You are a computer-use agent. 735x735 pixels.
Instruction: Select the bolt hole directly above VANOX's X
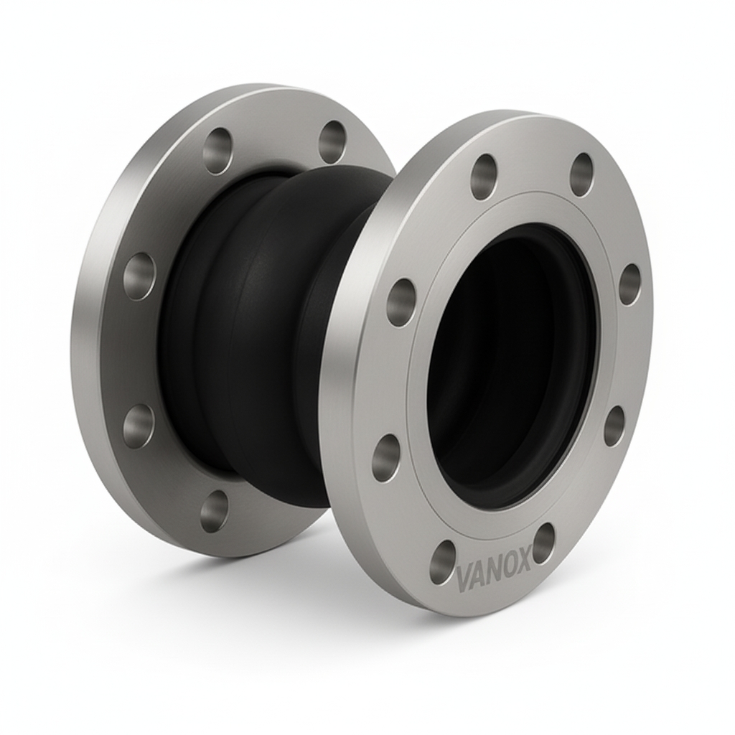543,542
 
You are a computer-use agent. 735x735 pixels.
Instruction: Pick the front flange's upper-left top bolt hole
484,176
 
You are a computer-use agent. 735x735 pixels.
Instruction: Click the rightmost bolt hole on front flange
629,284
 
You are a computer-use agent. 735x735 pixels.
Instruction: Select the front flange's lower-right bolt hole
614,425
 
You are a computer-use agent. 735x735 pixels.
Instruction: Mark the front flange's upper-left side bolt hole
401,302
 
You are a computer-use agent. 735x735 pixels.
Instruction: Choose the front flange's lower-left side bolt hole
386,457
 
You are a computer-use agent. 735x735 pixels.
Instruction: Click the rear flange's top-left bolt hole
217,149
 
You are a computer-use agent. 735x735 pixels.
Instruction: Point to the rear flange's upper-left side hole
139,276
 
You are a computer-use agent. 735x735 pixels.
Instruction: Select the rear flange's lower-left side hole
138,426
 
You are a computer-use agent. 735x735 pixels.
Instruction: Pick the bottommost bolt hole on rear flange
214,511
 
